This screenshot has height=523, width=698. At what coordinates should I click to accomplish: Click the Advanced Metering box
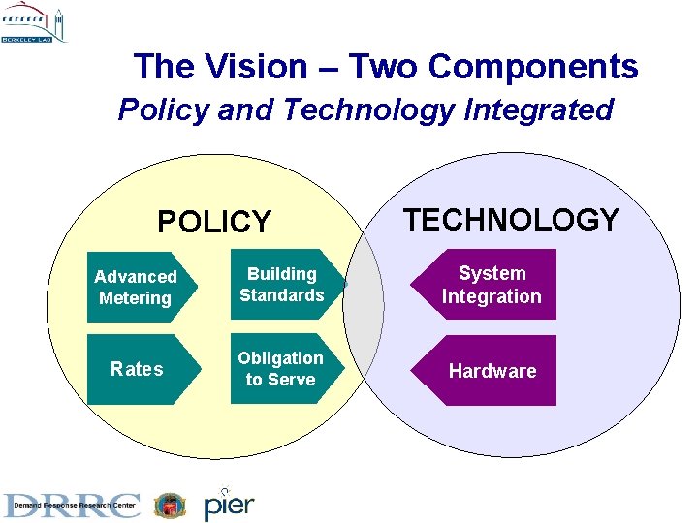pos(139,288)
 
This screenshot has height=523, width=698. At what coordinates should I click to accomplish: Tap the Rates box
pos(139,369)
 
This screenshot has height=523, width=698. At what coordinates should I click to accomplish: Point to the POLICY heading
pos(214,222)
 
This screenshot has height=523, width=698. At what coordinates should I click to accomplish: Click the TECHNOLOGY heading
pos(511,220)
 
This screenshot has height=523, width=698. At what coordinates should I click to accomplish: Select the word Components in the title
pos(532,67)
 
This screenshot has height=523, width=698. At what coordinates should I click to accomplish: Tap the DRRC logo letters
pos(73,503)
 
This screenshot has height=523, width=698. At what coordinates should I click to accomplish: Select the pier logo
pos(229,503)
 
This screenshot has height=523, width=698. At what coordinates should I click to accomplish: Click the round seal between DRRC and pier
pos(171,505)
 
